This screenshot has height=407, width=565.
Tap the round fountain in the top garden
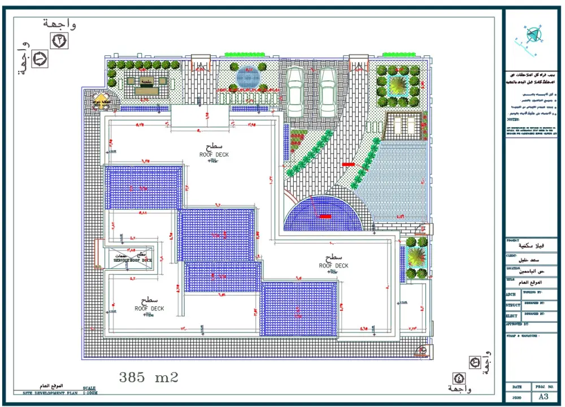247,77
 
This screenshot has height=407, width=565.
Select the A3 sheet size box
545,396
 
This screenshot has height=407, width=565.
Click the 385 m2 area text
149,377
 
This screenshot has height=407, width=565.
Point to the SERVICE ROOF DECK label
133,260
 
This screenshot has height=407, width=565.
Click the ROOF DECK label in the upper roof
214,154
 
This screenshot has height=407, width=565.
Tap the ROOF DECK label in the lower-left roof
149,309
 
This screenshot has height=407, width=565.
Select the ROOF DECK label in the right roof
333,266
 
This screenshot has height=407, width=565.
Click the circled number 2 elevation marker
59,41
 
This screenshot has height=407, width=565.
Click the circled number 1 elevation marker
40,58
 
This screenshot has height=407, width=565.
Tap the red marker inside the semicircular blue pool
325,216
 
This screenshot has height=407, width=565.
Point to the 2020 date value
517,397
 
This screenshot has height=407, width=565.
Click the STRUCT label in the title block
513,305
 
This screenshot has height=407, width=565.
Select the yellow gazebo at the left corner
101,102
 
